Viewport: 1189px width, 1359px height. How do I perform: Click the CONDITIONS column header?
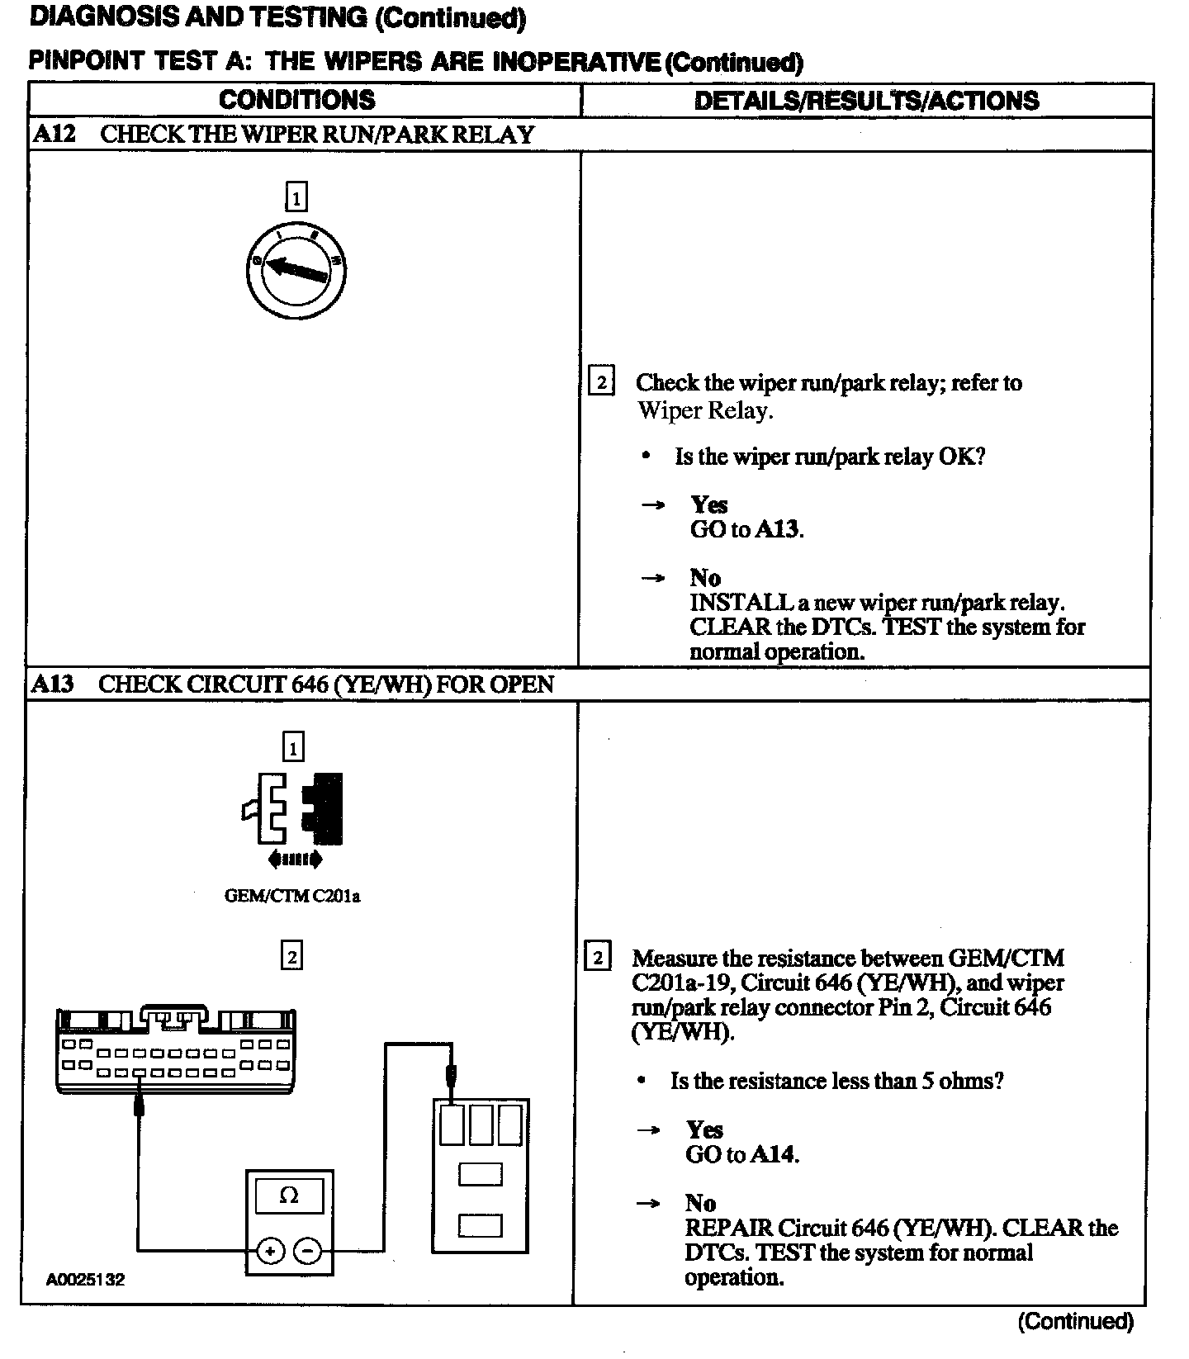[297, 100]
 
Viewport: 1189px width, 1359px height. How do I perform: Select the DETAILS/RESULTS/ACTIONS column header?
[866, 101]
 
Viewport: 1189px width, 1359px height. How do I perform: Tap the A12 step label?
[54, 134]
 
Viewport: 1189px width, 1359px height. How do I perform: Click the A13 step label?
[53, 684]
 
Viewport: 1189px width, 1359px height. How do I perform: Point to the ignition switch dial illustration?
[296, 270]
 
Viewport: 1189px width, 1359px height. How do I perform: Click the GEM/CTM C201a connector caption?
[292, 896]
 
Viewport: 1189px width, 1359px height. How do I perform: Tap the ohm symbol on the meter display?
[289, 1195]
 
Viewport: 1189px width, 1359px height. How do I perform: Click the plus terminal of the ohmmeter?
[269, 1252]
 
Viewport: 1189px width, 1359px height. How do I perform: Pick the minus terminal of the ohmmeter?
[308, 1252]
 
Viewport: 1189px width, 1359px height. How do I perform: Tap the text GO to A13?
[746, 529]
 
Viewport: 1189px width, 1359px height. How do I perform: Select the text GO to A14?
[741, 1154]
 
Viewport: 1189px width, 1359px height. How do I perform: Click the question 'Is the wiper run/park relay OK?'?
[829, 457]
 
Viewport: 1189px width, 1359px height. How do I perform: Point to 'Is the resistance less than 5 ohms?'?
[836, 1081]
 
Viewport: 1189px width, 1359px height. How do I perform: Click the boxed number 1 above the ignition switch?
[296, 197]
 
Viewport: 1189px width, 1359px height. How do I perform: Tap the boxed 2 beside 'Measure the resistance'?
[597, 958]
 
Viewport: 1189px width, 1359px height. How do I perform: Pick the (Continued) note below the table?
[1075, 1322]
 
